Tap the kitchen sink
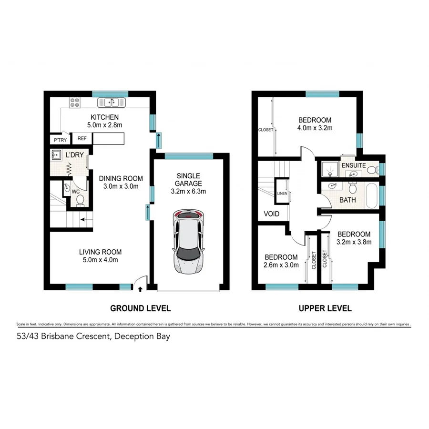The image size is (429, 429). pyautogui.click(x=112, y=102)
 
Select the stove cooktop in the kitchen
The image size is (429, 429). pyautogui.click(x=75, y=102)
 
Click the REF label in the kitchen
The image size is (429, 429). pyautogui.click(x=82, y=139)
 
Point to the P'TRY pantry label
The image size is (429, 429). pyautogui.click(x=60, y=140)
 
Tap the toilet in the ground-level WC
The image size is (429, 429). pyautogui.click(x=80, y=200)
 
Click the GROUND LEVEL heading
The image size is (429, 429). pyautogui.click(x=140, y=308)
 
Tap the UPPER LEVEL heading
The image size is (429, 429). pyautogui.click(x=325, y=308)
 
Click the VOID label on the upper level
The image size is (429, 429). pyautogui.click(x=271, y=214)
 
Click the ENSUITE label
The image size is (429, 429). pyautogui.click(x=353, y=165)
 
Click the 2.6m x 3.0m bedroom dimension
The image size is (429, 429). pyautogui.click(x=281, y=265)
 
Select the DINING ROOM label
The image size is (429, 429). pyautogui.click(x=121, y=179)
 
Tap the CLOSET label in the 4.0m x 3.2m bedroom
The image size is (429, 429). pyautogui.click(x=265, y=129)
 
